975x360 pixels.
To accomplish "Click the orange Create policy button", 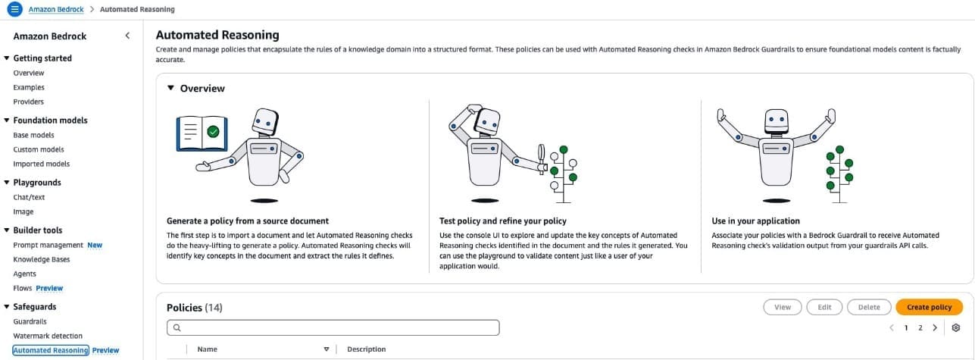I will click(929, 307).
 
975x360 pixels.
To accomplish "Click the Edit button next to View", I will click(824, 307).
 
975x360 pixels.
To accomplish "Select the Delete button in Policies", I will click(868, 307).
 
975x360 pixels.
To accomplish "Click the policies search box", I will click(333, 327).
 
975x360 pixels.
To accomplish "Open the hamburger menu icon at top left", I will click(14, 9).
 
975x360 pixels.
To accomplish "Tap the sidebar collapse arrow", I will click(127, 36).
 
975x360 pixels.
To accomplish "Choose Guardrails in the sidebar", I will click(30, 321).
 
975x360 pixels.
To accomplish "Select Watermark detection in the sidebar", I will click(48, 336).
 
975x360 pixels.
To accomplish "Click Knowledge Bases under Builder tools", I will click(41, 259).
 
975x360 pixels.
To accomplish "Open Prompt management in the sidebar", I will click(48, 245).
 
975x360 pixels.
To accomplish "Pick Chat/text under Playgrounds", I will click(29, 197).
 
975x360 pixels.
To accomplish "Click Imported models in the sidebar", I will click(41, 164).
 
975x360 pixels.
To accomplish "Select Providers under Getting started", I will click(28, 102).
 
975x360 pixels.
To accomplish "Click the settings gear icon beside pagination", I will click(955, 327).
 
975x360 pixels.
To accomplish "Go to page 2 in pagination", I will click(920, 327).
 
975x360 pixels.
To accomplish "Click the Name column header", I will click(207, 349).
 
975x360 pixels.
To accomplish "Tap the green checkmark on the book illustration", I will click(214, 131).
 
